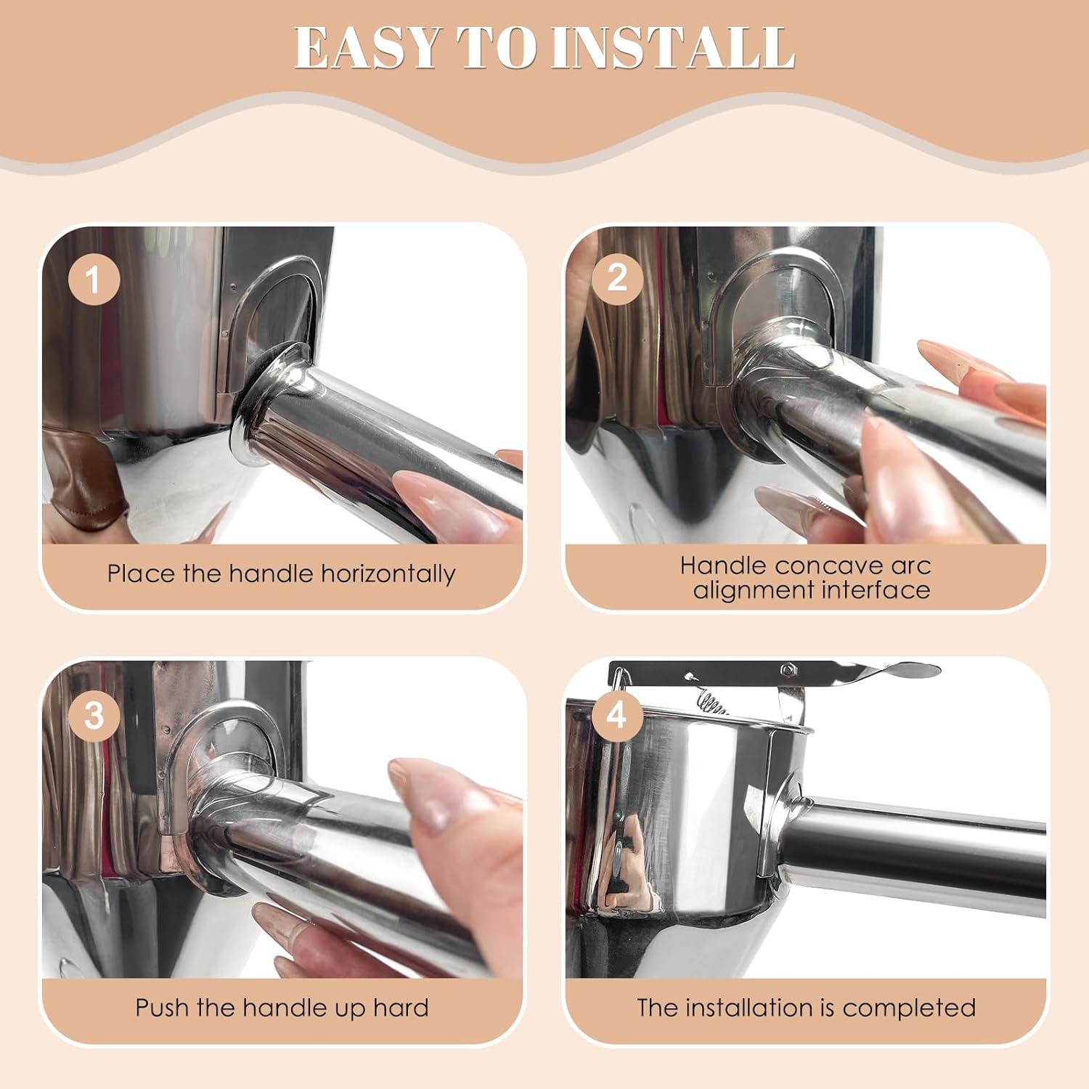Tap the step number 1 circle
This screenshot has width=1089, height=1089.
[94, 280]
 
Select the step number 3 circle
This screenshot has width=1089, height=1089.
[94, 714]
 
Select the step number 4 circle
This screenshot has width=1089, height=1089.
[616, 714]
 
